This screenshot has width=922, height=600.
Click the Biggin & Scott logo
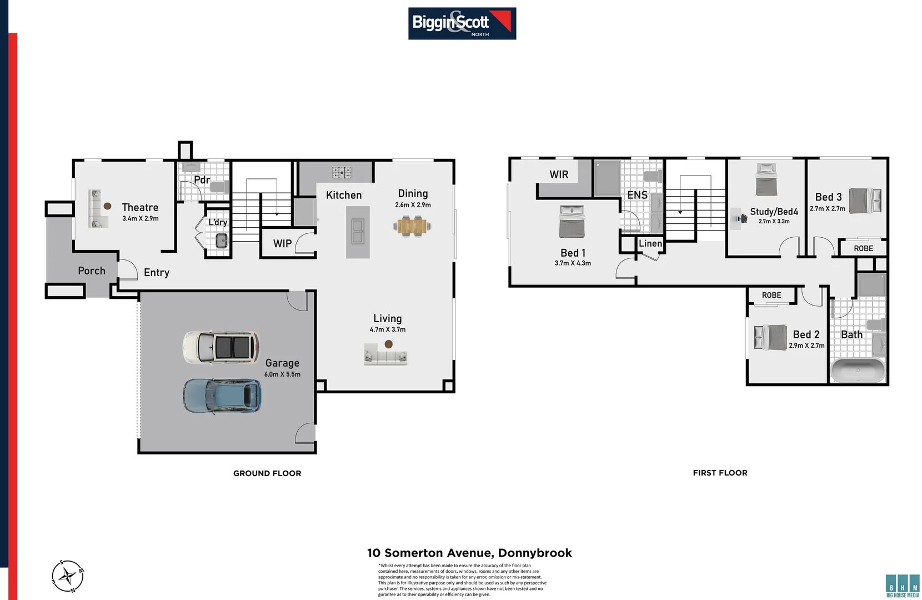[x=462, y=23]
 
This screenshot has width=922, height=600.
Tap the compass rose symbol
[x=68, y=576]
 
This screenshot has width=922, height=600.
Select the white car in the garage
[x=221, y=347]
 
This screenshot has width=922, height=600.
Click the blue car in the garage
[x=222, y=396]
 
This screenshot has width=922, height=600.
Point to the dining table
[x=413, y=226]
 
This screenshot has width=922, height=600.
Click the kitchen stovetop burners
[x=342, y=173]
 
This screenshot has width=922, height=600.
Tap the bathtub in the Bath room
[x=858, y=371]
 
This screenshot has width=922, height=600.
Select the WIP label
[x=282, y=243]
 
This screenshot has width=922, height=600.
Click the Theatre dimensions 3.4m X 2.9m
[x=141, y=219]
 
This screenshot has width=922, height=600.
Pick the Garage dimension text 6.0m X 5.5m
[x=282, y=374]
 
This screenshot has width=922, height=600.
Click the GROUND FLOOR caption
[x=267, y=473]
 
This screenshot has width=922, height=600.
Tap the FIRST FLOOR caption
[x=720, y=473]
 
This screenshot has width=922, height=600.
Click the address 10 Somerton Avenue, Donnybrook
[x=469, y=553]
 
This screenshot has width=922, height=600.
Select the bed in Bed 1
[x=572, y=222]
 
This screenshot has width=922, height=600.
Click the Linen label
[x=650, y=243]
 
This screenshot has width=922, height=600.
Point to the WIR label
[x=559, y=174]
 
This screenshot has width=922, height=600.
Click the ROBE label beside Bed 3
[x=863, y=248]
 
